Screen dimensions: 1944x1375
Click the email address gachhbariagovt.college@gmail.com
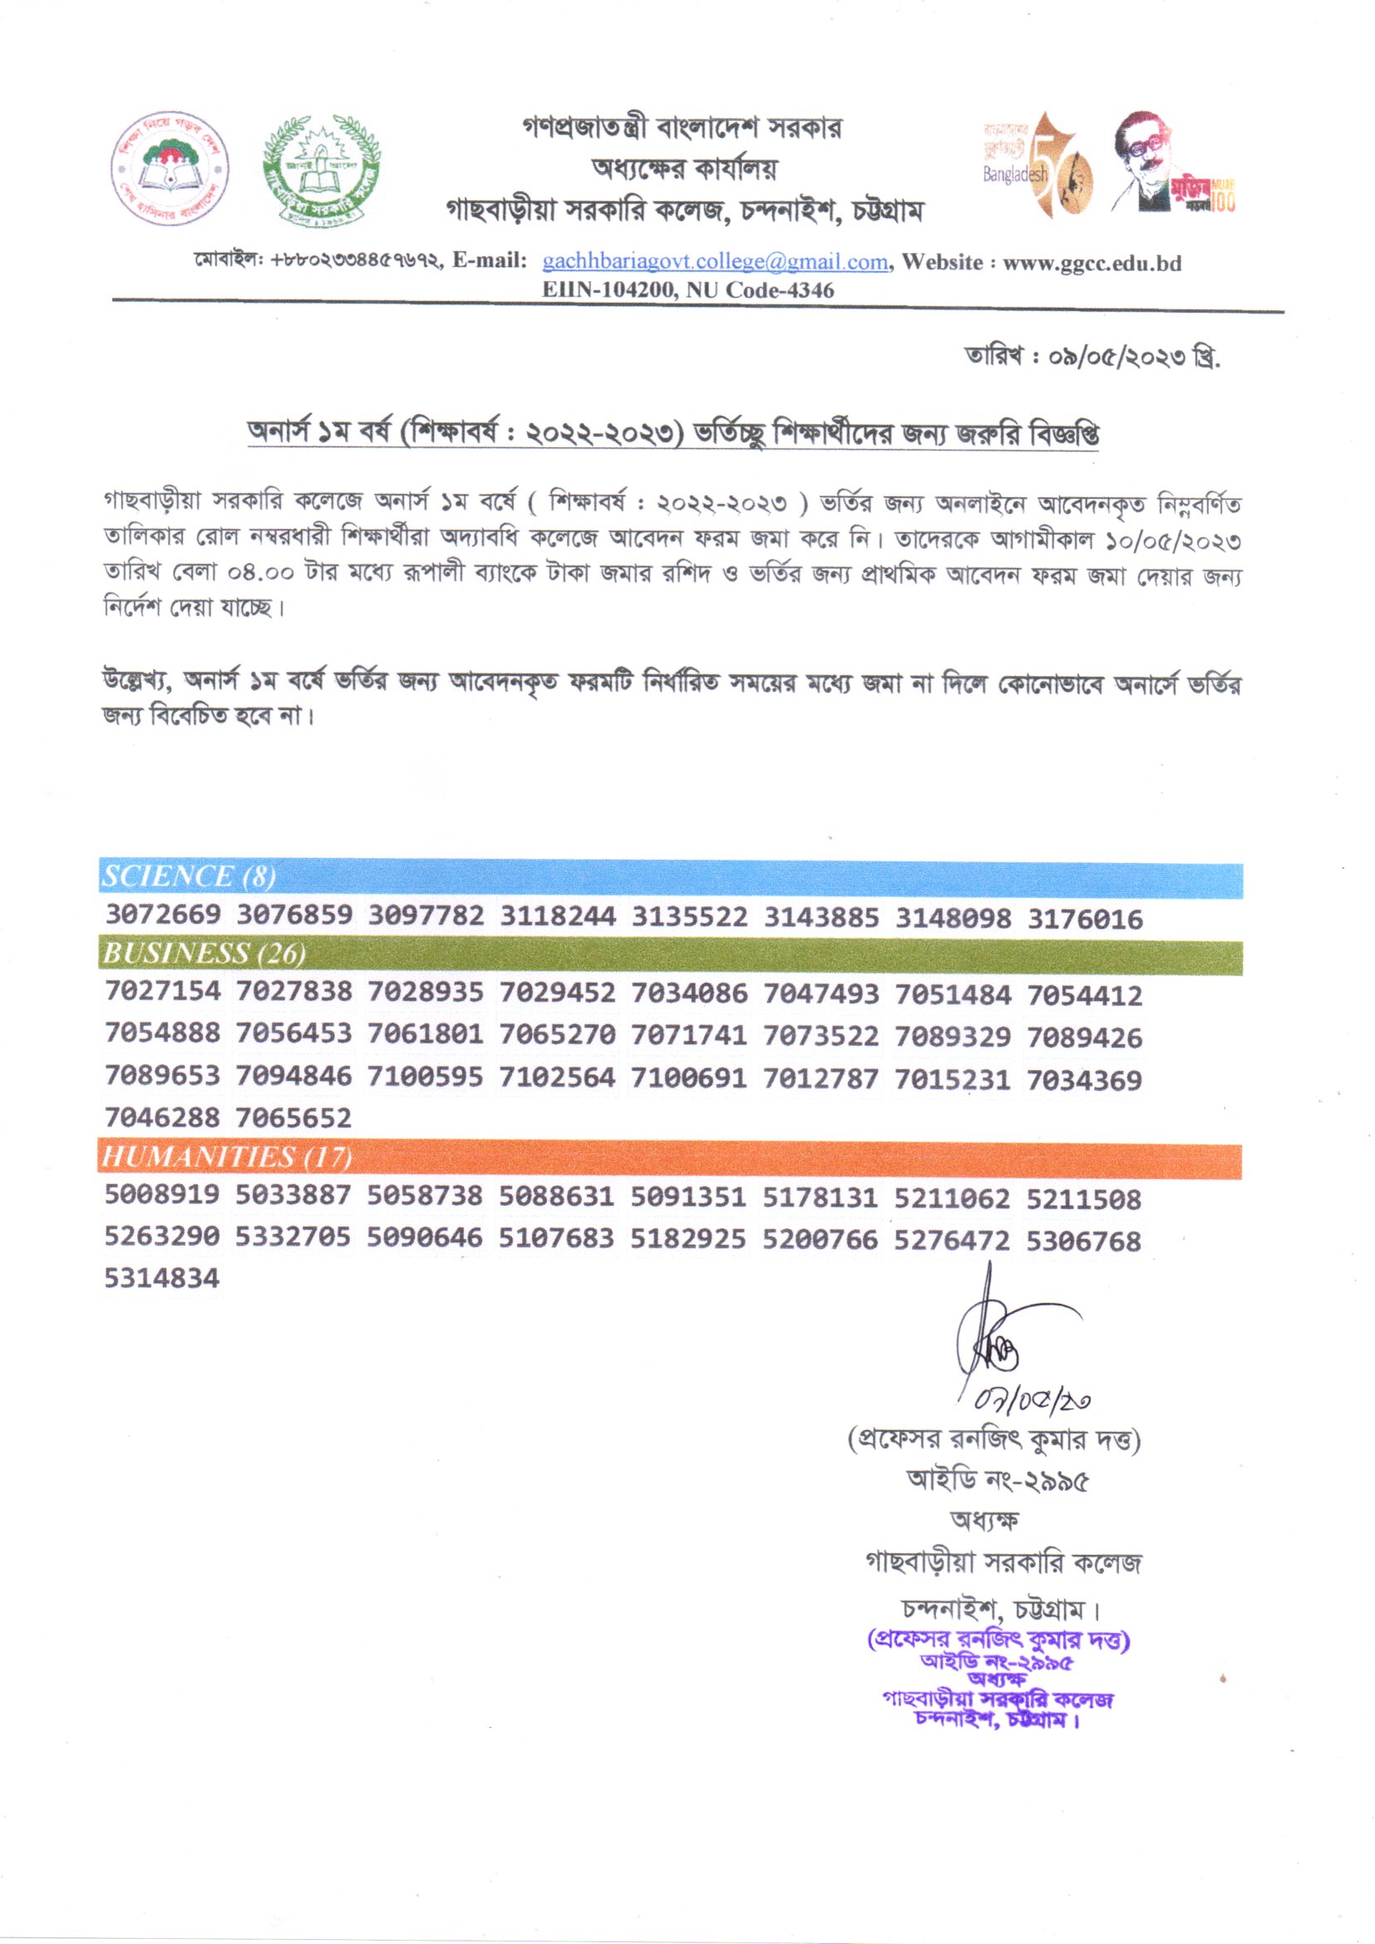[x=715, y=262]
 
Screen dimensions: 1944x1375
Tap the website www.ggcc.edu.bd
[x=1092, y=263]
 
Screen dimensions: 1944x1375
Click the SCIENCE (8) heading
[x=189, y=876]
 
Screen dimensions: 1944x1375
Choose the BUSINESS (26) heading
[x=203, y=954]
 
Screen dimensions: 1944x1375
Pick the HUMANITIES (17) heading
[x=227, y=1157]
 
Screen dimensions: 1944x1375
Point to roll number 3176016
[x=1085, y=919]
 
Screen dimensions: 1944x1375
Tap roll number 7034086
[x=689, y=992]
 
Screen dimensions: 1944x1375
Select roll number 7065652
[x=293, y=1118]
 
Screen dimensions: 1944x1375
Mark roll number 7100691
[x=689, y=1078]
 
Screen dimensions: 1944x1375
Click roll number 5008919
[x=162, y=1195]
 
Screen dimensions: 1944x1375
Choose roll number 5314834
[x=162, y=1279]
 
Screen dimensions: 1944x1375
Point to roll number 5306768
[x=1084, y=1241]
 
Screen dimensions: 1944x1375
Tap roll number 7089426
[x=1085, y=1037]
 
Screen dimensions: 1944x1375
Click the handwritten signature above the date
[x=999, y=1342]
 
